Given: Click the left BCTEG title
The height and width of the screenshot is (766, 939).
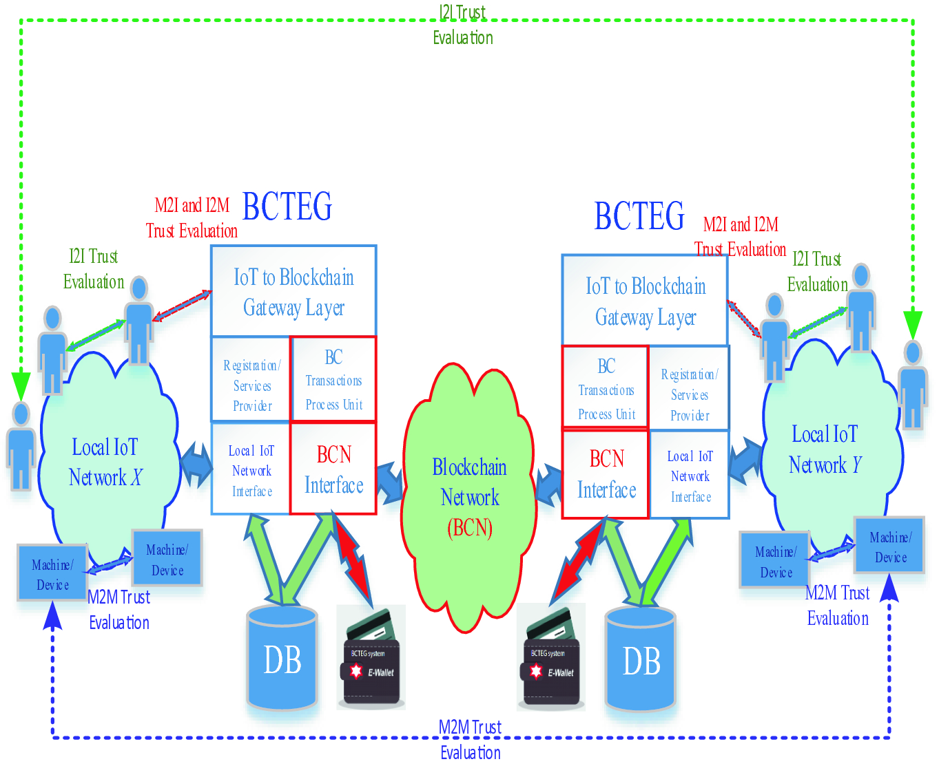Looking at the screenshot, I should tap(287, 206).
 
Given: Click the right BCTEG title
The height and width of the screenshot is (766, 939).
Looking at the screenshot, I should tap(639, 216).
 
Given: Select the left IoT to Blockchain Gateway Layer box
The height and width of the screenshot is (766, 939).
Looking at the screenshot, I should tap(293, 292).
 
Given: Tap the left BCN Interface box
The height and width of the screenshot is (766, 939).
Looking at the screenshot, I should tap(333, 469).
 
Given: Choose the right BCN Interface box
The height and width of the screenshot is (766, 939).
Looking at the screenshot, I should tap(606, 474).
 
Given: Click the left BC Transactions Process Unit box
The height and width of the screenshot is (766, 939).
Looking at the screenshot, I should tap(333, 380).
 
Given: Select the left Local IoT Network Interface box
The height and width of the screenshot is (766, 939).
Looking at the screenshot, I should tap(251, 470).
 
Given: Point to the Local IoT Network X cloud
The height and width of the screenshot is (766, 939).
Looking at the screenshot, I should tap(105, 462).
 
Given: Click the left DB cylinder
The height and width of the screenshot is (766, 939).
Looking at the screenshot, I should tap(282, 659).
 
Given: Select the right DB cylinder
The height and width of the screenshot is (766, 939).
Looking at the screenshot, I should tap(641, 660).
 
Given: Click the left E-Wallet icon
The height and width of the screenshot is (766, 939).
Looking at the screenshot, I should tap(371, 658).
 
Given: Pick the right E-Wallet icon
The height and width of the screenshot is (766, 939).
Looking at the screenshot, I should tap(551, 658).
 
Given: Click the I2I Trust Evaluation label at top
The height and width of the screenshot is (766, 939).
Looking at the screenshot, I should tap(462, 25).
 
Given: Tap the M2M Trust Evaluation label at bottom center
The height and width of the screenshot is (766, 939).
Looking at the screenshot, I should tap(471, 740).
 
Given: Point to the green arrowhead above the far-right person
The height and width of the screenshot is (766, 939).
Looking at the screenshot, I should tap(913, 323).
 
